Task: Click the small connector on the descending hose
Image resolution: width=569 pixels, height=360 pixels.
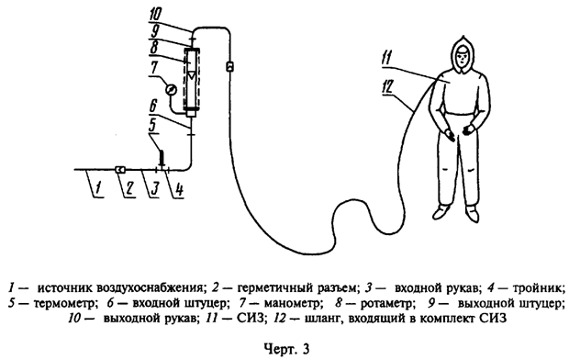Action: point(230,66)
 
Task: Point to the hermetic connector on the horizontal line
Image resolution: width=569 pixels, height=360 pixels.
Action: point(121,169)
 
